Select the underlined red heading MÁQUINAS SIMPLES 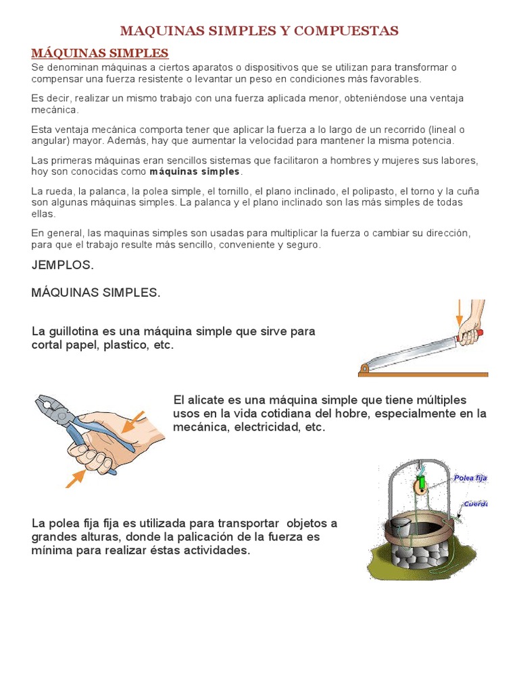[x=100, y=53]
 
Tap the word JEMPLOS [x=62, y=265]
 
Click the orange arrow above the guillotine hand [x=459, y=311]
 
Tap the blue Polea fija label [x=470, y=478]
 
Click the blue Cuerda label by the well [x=475, y=503]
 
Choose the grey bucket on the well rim [x=398, y=524]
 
